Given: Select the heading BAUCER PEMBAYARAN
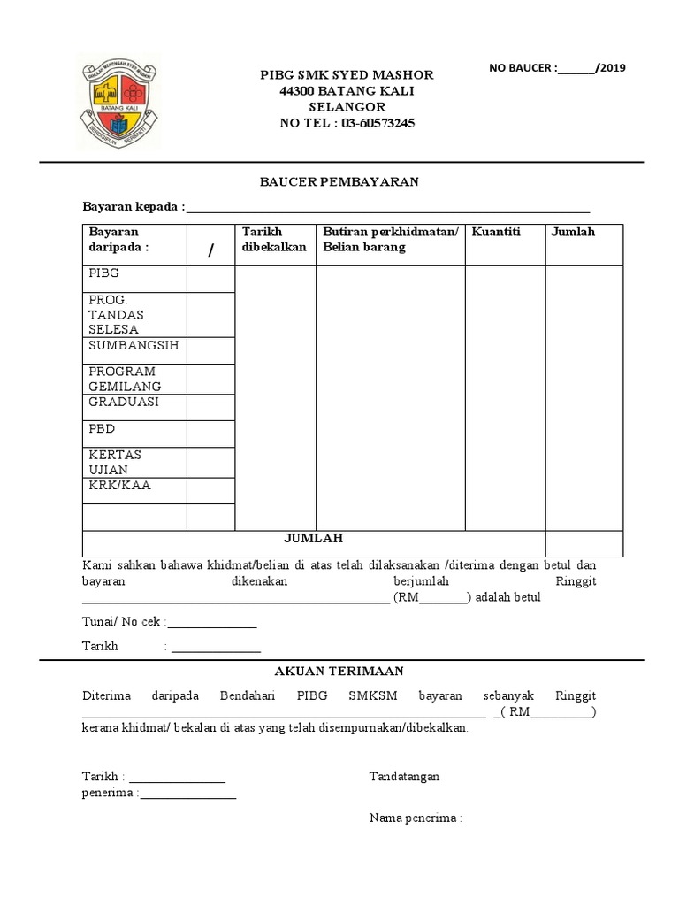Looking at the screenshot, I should (339, 181).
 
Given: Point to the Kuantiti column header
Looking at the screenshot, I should (496, 232).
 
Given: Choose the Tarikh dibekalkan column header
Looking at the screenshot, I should (274, 239).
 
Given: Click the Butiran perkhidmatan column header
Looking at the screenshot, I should (390, 239).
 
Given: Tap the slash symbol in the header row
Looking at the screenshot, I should (210, 251).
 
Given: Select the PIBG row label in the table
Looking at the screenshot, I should (103, 274).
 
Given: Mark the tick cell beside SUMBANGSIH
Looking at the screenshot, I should (210, 350).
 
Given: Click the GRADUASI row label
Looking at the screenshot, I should (124, 401).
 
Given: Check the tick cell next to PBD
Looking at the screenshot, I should (210, 434).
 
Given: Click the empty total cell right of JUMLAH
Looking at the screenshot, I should (584, 542).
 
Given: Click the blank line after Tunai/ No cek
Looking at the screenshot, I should (212, 623).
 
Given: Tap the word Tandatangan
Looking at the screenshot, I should (404, 777).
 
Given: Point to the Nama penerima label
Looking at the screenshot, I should (416, 818).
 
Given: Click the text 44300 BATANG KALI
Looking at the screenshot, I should (347, 91).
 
